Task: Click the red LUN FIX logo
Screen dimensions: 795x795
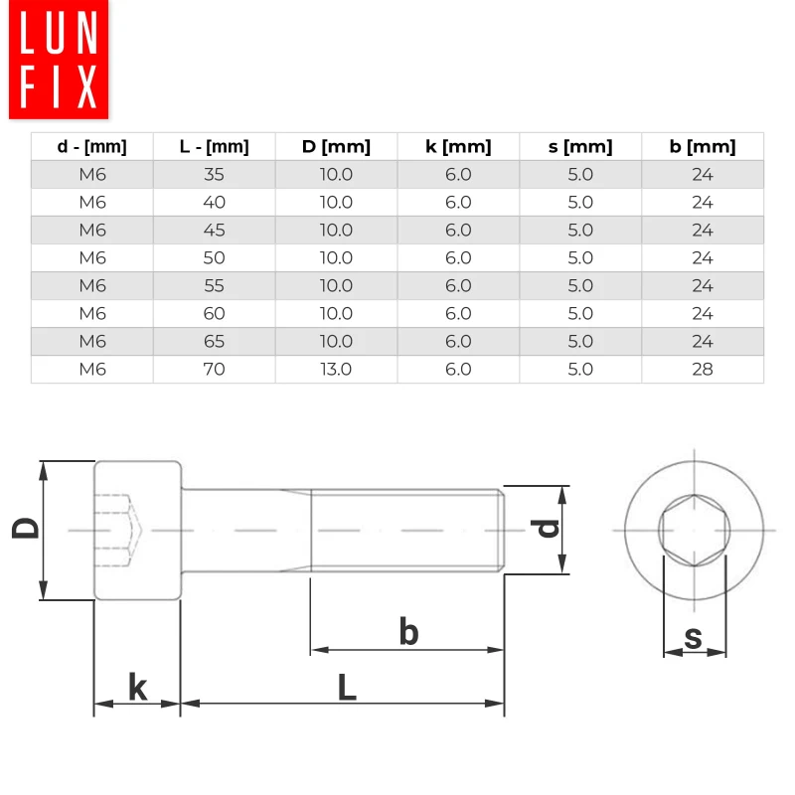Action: pos(59,60)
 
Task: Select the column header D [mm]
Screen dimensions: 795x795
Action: pos(336,146)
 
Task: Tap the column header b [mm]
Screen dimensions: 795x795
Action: pos(703,146)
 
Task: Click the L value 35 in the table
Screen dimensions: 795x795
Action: pos(214,175)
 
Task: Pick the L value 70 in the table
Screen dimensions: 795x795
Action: pos(214,369)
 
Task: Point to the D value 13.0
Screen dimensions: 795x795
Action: pos(336,369)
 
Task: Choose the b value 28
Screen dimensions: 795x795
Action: pos(703,369)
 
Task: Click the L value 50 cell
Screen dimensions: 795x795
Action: pos(214,258)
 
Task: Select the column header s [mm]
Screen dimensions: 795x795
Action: pos(580,146)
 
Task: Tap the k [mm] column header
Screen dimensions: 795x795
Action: pos(458,146)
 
